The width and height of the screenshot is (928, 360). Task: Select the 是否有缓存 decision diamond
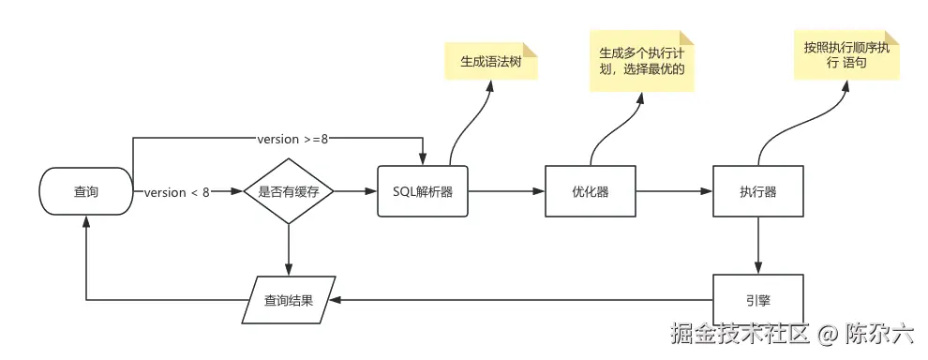coord(288,192)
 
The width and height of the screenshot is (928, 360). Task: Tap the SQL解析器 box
coord(422,192)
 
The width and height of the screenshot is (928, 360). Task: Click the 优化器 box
coord(590,192)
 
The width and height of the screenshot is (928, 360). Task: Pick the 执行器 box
coord(757,192)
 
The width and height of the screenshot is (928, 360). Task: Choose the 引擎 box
coord(757,300)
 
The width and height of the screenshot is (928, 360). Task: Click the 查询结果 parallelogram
coord(289,300)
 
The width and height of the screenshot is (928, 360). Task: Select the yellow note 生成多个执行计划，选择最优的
coord(642,61)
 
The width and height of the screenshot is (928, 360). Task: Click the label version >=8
coord(292,140)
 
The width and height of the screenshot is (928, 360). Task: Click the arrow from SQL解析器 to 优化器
coord(506,192)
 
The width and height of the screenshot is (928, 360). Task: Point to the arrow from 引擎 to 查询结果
coord(520,300)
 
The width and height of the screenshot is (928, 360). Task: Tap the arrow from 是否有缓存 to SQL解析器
coord(356,192)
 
